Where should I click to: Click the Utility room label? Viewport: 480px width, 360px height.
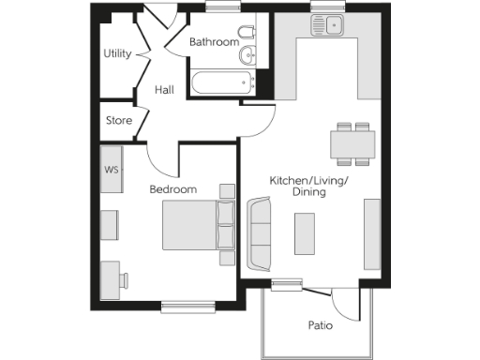coord(117,53)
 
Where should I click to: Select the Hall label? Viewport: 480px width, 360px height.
coord(165,90)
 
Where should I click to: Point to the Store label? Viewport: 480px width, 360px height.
coord(118,121)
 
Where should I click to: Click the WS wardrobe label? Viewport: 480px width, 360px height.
coord(111,171)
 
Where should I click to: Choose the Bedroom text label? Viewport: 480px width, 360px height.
coord(173,189)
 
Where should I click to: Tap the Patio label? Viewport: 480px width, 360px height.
coord(321,326)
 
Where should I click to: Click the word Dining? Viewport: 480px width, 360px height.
coord(307,192)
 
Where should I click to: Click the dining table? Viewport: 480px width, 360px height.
coord(352,143)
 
